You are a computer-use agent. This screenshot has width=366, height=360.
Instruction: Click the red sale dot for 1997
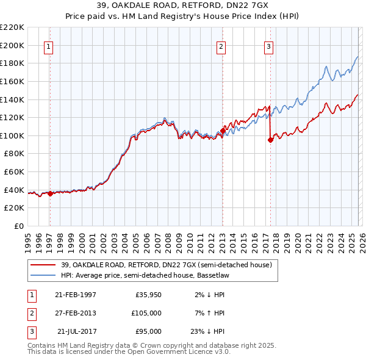pos(50,193)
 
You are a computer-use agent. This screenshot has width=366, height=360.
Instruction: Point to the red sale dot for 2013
pos(223,131)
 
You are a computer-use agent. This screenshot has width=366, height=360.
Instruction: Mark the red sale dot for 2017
pos(270,140)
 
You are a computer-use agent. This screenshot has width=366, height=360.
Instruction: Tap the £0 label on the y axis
pos(18,226)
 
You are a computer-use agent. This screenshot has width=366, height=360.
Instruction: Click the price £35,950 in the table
pos(148,295)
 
